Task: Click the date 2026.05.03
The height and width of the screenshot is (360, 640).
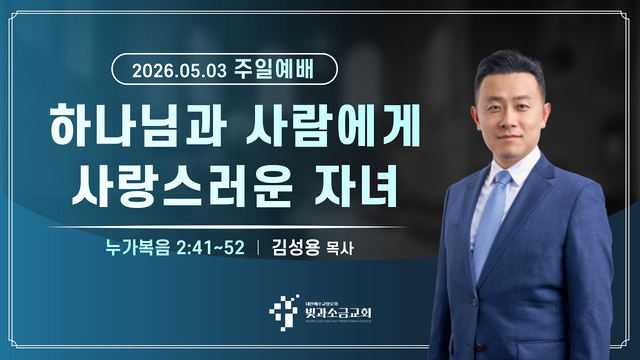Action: (179, 70)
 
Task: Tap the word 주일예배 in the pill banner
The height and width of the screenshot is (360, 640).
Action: (273, 69)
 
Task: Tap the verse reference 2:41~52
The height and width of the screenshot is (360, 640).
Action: (211, 247)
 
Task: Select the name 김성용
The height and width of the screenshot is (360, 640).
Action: (295, 247)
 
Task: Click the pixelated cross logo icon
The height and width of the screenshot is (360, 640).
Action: (284, 313)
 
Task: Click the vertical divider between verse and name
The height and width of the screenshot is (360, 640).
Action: (258, 247)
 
